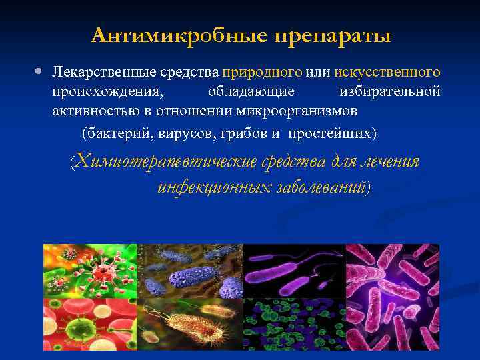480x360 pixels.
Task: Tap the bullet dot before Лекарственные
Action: coord(41,70)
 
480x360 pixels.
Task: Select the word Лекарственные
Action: coord(103,71)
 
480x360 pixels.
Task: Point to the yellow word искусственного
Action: coord(387,71)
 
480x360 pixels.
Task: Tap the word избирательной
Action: coord(389,91)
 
